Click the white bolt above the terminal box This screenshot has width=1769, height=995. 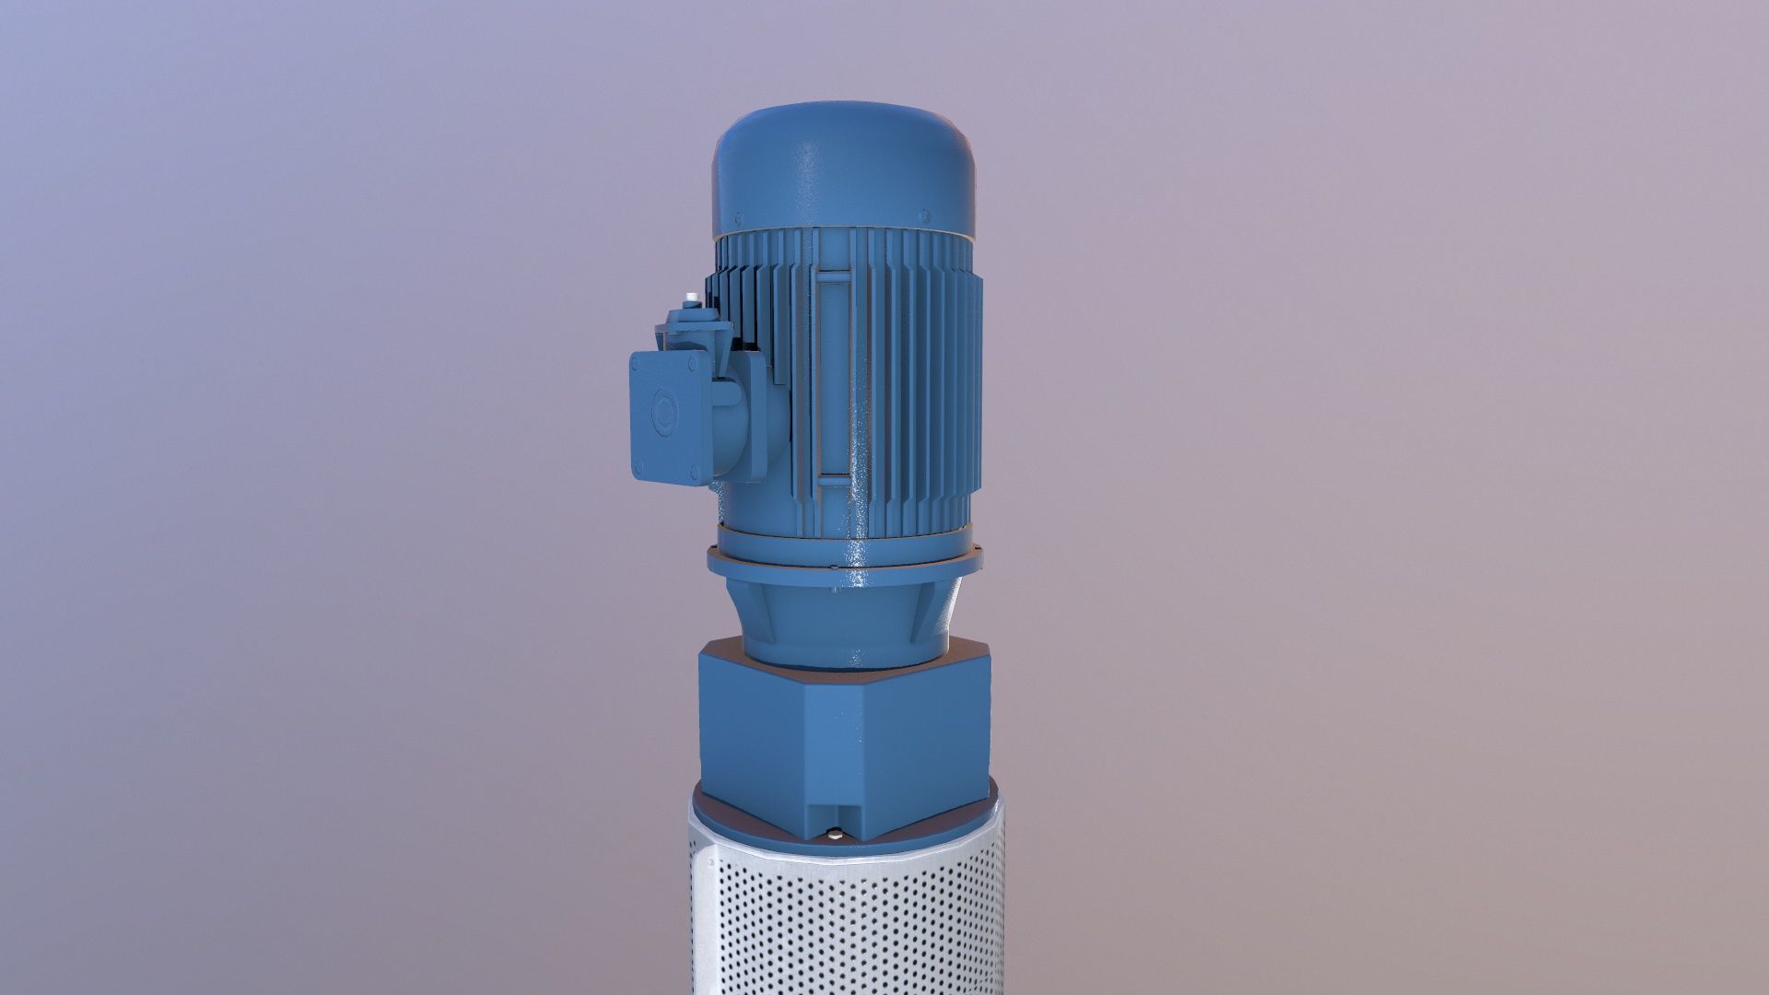point(689,298)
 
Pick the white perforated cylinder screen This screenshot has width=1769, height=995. point(844,921)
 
